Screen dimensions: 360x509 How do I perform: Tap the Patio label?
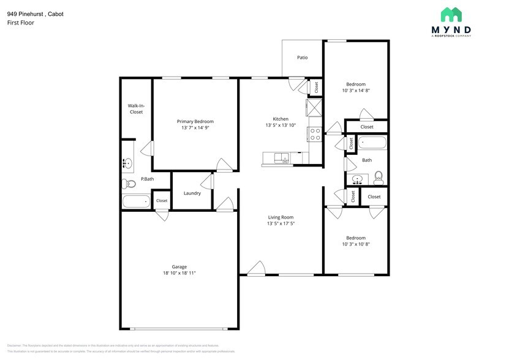click(302, 58)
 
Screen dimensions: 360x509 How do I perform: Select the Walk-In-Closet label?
click(136, 109)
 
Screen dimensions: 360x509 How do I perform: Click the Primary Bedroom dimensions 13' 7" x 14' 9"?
click(195, 128)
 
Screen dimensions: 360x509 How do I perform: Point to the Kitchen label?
click(281, 119)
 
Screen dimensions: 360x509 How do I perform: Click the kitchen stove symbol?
click(315, 134)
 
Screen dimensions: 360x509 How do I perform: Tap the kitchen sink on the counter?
click(281, 159)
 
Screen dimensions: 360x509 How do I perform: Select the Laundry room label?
click(192, 193)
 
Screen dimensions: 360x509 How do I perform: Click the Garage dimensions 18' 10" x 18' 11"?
click(179, 273)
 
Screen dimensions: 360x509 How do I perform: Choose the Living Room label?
click(281, 217)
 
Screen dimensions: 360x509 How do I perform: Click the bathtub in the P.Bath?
click(135, 201)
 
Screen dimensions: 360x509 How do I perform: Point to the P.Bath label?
click(147, 179)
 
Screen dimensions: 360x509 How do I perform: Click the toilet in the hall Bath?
click(379, 178)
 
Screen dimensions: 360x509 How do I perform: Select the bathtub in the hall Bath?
click(372, 143)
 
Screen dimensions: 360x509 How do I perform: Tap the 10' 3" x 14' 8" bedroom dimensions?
click(356, 91)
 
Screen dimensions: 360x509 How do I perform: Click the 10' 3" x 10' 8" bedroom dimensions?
click(356, 244)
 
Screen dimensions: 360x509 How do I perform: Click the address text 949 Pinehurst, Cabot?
click(35, 13)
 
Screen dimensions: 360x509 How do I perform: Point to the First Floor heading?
click(21, 23)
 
